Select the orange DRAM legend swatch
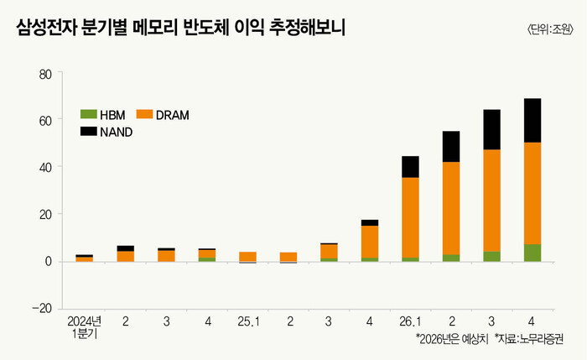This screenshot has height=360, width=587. pyautogui.click(x=143, y=114)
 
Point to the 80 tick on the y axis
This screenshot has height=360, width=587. pyautogui.click(x=44, y=73)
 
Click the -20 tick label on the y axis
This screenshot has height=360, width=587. pyautogui.click(x=41, y=308)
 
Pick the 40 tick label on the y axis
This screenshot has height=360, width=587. pyautogui.click(x=44, y=167)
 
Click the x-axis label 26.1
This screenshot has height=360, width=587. pyautogui.click(x=410, y=321)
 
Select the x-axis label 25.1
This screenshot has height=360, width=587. pyautogui.click(x=247, y=321)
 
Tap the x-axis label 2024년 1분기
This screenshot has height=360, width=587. pyautogui.click(x=84, y=326)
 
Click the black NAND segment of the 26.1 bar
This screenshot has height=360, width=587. pyautogui.click(x=410, y=167)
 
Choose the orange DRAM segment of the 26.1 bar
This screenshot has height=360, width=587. pyautogui.click(x=410, y=217)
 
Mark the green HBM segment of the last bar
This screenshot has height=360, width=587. pyautogui.click(x=532, y=253)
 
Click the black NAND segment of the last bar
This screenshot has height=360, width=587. pyautogui.click(x=532, y=121)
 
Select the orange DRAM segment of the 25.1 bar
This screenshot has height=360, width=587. pyautogui.click(x=247, y=257)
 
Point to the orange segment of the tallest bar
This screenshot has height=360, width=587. pyautogui.click(x=532, y=193)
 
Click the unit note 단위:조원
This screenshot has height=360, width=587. pyautogui.click(x=550, y=29)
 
